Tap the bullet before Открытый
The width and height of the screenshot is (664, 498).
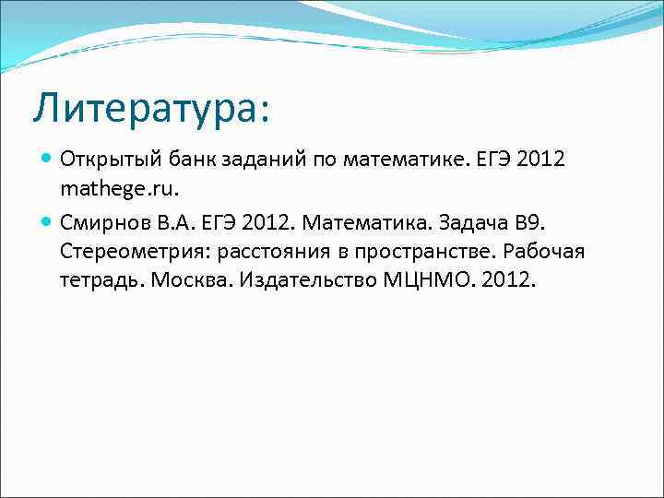click(x=47, y=158)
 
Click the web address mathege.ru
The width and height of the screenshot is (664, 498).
click(x=117, y=191)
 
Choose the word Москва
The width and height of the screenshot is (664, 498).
click(x=189, y=279)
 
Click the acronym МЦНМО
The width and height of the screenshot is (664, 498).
click(x=425, y=279)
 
